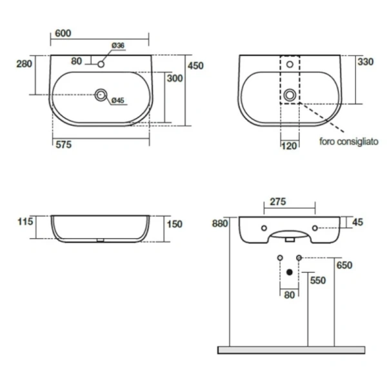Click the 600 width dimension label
[x=63, y=34]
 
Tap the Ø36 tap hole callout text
[x=118, y=45]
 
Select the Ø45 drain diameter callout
[x=118, y=101]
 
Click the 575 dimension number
[x=64, y=144]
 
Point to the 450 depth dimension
[x=195, y=66]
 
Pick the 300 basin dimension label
[x=175, y=78]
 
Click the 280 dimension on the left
[x=25, y=64]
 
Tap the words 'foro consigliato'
[x=349, y=141]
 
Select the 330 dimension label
[x=366, y=62]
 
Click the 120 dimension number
[x=289, y=146]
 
